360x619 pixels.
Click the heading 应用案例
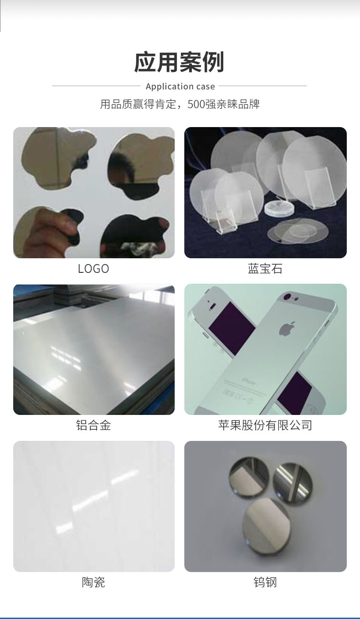pos(179,62)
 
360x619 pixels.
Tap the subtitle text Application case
pos(180,87)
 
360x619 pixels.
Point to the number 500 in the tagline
pos(196,104)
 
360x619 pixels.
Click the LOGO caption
pos(93,269)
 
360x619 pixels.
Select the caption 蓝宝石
pos(265,269)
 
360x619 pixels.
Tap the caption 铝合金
pos(93,425)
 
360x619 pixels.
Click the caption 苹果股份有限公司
pos(265,425)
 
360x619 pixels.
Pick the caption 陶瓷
pos(93,582)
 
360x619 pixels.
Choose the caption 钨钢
pos(265,582)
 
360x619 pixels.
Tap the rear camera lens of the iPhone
pos(286,297)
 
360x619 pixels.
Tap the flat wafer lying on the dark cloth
pos(298,231)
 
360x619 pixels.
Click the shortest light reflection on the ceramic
pos(64,528)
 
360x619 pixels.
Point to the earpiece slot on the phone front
pos(213,306)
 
